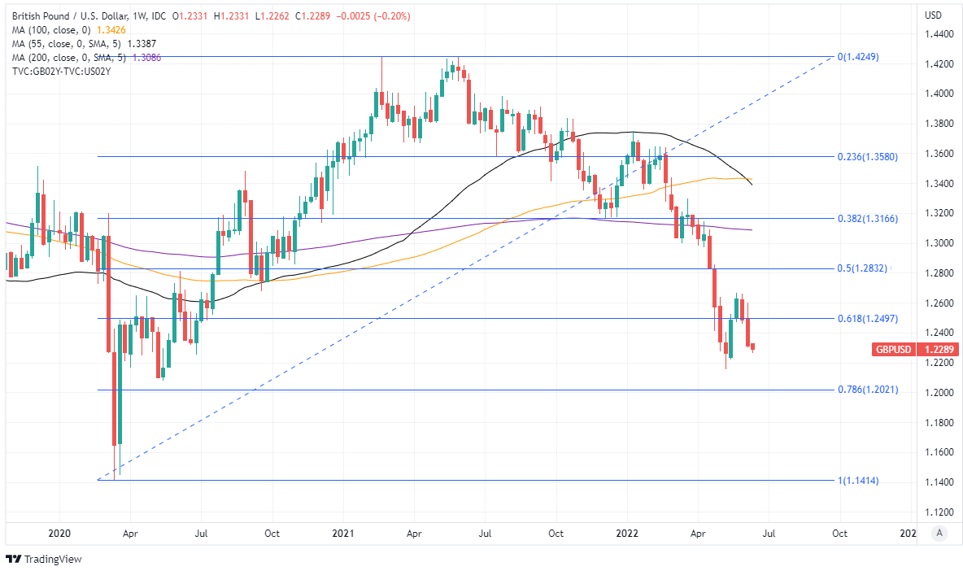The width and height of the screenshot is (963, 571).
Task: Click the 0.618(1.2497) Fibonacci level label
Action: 867,319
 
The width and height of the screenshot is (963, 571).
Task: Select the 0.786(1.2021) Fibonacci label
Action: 867,390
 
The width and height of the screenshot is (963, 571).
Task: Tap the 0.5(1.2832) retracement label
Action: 865,268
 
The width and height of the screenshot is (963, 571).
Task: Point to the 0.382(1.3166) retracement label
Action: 867,219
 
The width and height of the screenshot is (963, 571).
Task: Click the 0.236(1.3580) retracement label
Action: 867,156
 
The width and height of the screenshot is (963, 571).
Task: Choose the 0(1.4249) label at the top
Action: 858,58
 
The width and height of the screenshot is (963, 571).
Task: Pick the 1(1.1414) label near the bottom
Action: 858,481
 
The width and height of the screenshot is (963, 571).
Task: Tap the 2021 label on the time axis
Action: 342,534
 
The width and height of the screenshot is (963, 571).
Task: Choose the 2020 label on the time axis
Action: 59,534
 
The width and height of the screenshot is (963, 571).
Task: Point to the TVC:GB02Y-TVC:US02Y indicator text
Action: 62,72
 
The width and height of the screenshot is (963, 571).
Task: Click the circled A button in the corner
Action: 939,533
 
